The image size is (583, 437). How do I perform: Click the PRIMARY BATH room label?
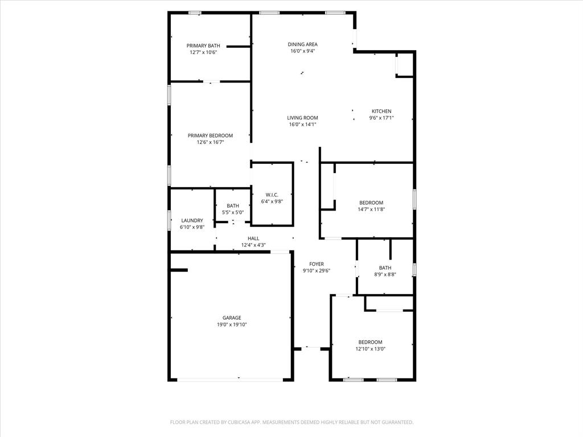(x=203, y=46)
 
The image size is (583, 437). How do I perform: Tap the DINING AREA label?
(x=302, y=44)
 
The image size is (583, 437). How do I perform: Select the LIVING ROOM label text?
(x=302, y=118)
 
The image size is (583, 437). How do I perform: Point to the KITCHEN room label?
(x=381, y=112)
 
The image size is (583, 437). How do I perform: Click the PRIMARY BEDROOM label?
(x=210, y=135)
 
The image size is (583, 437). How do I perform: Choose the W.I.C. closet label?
(x=272, y=195)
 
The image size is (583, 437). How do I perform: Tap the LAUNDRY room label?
(x=192, y=221)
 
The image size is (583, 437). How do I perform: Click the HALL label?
(x=253, y=238)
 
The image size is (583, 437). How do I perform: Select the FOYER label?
(x=317, y=264)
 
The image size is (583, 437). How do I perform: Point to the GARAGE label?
(x=232, y=318)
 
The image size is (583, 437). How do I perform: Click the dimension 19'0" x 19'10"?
(x=232, y=325)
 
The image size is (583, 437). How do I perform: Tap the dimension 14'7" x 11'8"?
(x=371, y=209)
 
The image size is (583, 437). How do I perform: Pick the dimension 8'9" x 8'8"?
(x=385, y=274)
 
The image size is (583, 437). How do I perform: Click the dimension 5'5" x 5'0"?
(x=233, y=213)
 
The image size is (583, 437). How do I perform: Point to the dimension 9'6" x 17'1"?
(x=381, y=118)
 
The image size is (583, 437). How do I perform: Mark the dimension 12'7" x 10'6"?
(x=203, y=52)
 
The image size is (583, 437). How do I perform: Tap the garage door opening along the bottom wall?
(x=238, y=379)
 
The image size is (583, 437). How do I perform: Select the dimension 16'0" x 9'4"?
(x=302, y=51)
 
